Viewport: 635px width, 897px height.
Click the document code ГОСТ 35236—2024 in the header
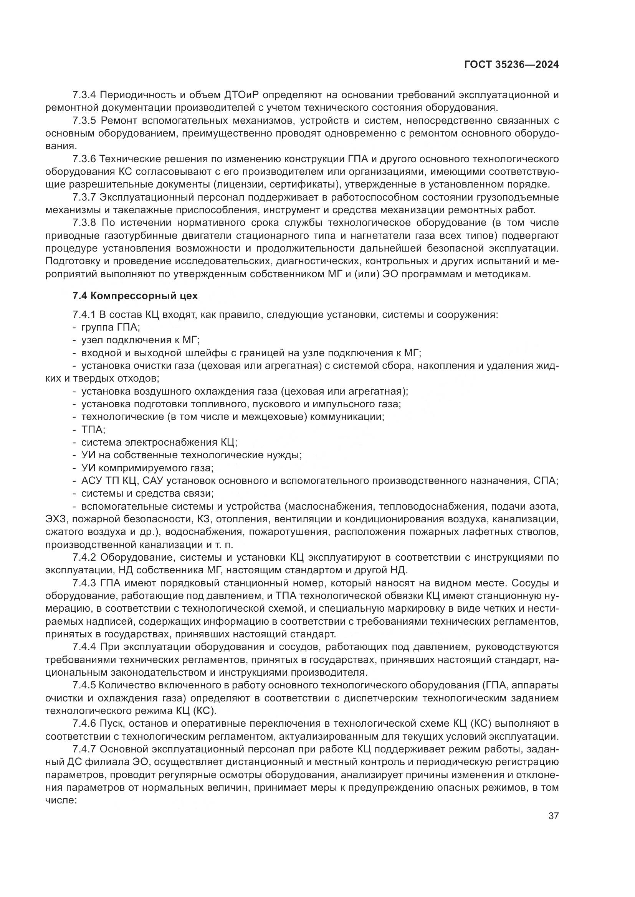(x=511, y=65)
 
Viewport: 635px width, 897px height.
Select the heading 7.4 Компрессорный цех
(x=135, y=296)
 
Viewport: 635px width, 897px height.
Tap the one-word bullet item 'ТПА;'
(x=93, y=430)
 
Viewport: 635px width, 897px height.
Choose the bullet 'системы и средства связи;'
(x=147, y=493)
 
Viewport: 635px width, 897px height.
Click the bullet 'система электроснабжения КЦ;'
(x=159, y=442)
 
